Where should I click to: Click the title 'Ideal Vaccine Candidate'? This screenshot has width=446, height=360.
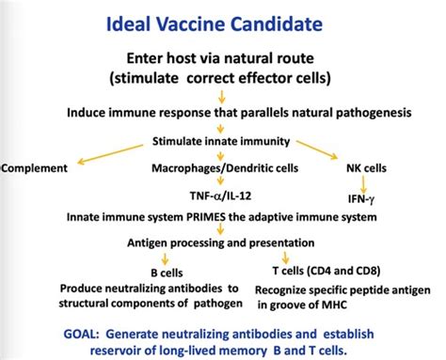pos(223,20)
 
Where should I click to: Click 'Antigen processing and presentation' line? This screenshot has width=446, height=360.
pos(223,243)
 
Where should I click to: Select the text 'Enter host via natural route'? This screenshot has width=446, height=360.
pos(223,57)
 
